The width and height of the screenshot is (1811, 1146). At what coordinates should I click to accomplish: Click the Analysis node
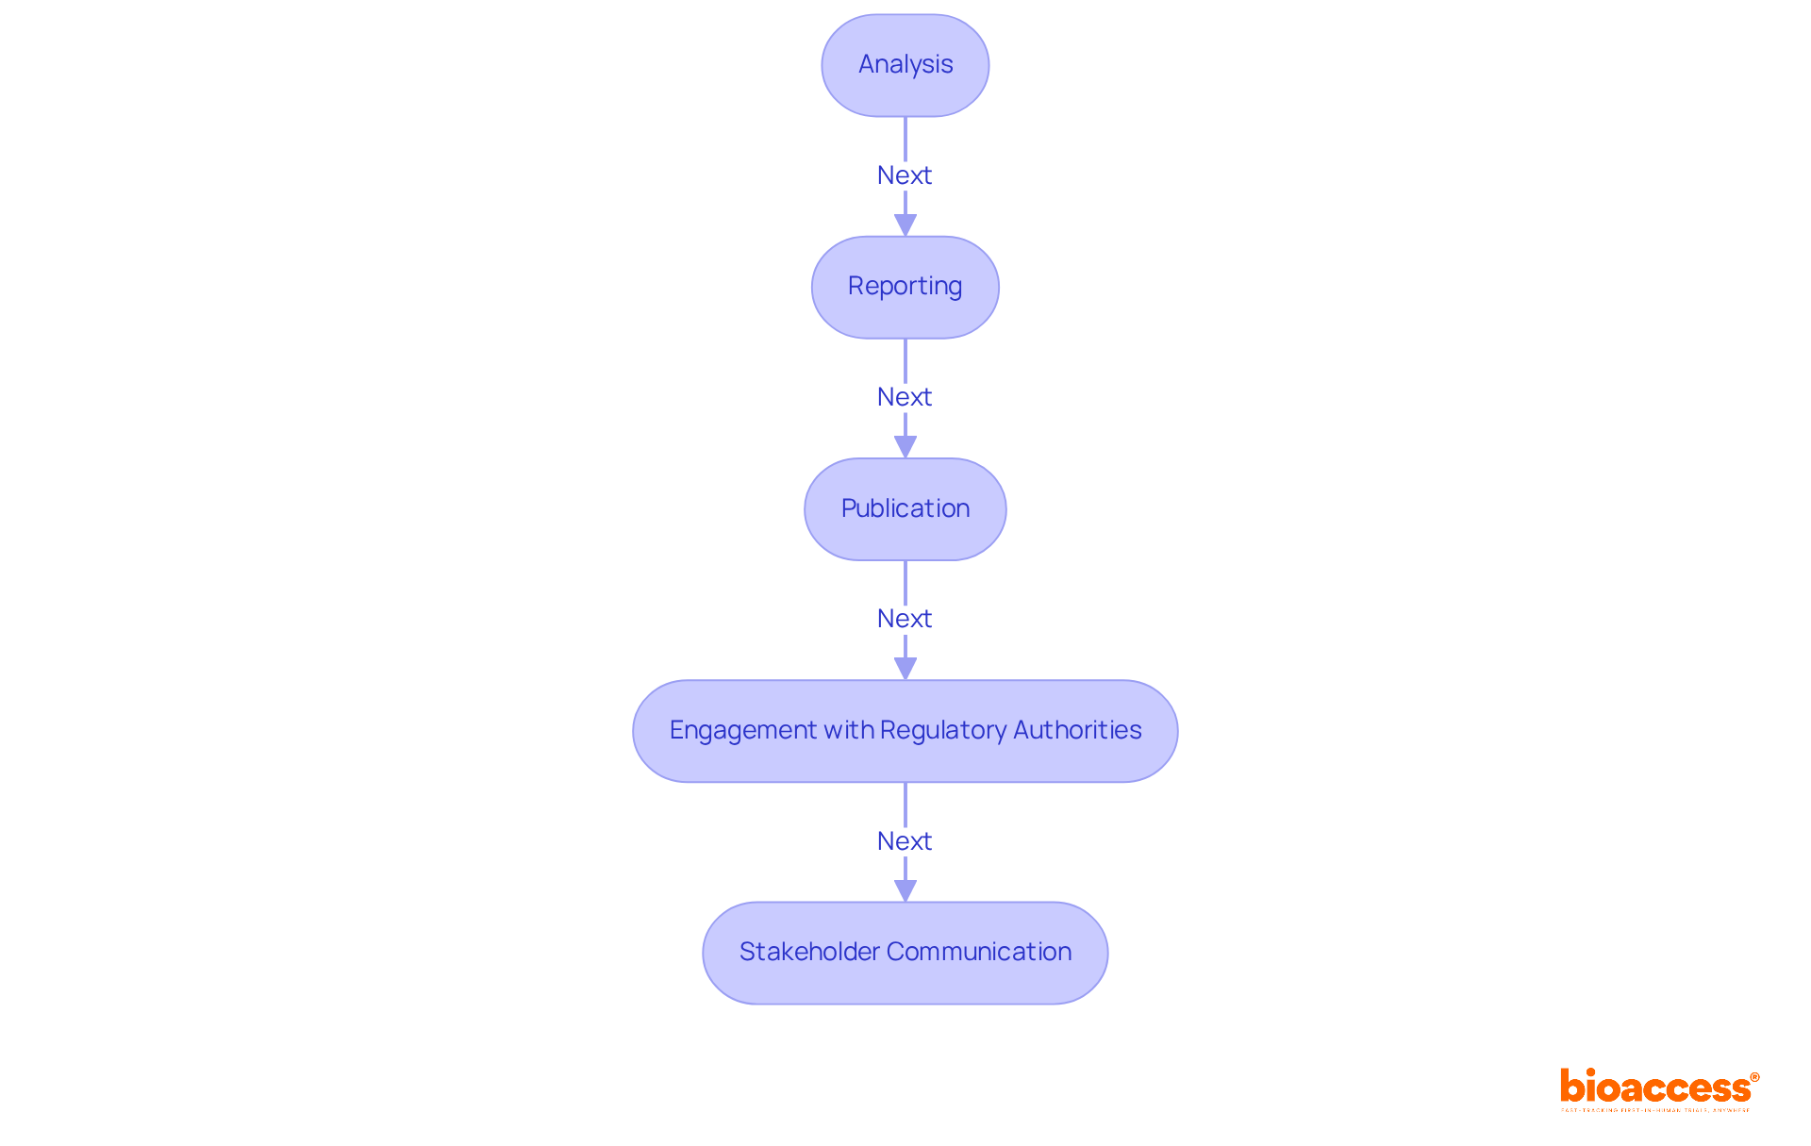coord(905,65)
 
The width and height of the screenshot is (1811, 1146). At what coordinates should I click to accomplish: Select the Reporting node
coord(905,287)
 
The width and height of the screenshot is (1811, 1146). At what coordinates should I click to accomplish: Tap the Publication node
coord(905,509)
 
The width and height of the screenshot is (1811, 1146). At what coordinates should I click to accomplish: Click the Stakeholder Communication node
coord(905,953)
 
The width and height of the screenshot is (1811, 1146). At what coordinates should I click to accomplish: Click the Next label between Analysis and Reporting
coord(904,175)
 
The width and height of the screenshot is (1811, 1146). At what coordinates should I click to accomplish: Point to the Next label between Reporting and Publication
coord(904,397)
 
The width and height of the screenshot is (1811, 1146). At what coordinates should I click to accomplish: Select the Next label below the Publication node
coord(904,619)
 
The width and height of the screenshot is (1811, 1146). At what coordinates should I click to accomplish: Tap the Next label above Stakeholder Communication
coord(904,841)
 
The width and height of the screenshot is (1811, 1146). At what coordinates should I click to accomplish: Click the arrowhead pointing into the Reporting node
coord(905,225)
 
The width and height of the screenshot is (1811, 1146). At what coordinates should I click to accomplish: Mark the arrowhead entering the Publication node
coord(905,447)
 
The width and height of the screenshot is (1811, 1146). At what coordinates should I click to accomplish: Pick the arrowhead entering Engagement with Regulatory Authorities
coord(905,669)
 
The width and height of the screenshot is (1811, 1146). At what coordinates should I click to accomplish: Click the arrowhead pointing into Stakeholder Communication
coord(905,890)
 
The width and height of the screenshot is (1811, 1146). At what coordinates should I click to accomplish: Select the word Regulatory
coord(943,731)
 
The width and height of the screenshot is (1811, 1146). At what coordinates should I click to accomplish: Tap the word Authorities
coord(1077,730)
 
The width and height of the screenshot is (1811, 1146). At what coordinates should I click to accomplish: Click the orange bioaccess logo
coord(1654,1088)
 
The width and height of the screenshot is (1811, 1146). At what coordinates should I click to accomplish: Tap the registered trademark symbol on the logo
coord(1754,1077)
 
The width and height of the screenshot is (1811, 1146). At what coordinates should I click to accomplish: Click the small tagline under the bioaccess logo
coord(1654,1111)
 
